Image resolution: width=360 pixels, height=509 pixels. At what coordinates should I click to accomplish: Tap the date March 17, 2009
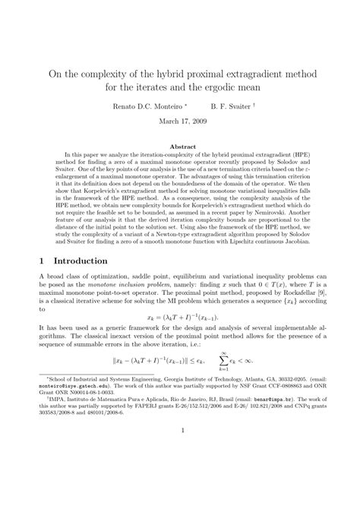pos(179,122)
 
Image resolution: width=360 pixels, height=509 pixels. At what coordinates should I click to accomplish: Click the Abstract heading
pos(179,146)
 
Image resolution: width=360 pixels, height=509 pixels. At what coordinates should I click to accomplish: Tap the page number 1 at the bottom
pos(180,478)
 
